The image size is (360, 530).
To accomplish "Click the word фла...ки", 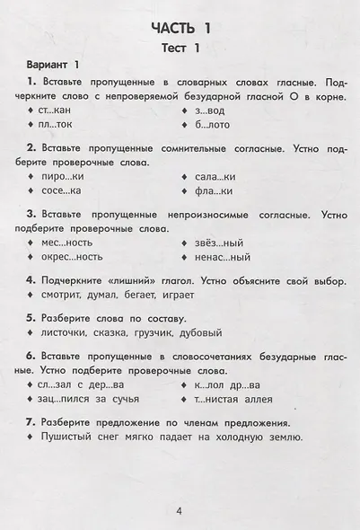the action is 214,190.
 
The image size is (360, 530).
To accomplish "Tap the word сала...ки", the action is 215,176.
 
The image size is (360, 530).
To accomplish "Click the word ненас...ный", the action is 220,257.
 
